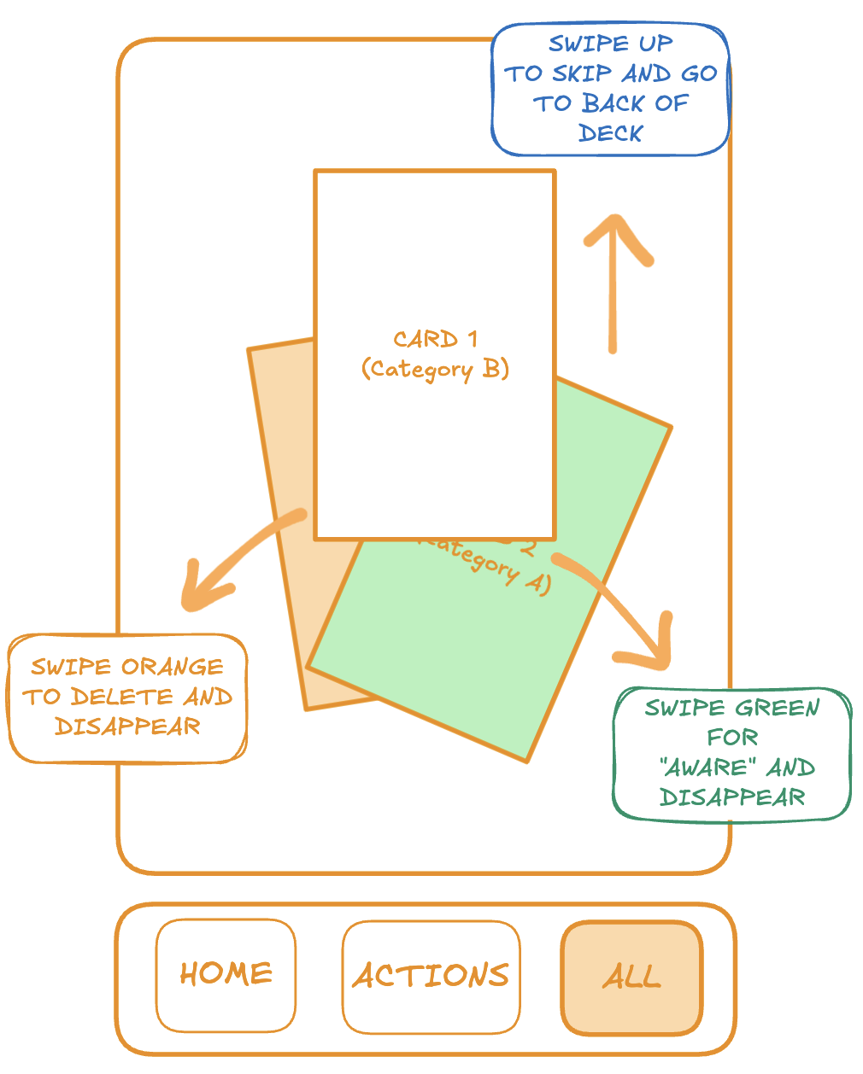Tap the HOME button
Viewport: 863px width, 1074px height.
pos(226,974)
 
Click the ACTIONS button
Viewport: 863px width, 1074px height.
pos(431,976)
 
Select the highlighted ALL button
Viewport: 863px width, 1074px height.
pos(631,977)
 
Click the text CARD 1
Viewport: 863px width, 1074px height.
pos(435,340)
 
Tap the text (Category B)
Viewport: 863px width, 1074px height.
pos(435,369)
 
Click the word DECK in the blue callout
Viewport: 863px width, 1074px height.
pos(610,133)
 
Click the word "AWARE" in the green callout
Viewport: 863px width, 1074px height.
pos(709,768)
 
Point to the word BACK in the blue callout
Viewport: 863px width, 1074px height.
pos(613,103)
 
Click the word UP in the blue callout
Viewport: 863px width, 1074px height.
pos(655,44)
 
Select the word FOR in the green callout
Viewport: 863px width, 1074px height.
pos(732,737)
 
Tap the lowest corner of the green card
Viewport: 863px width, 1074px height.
pos(527,760)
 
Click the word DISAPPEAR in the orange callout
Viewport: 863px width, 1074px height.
pos(127,727)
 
